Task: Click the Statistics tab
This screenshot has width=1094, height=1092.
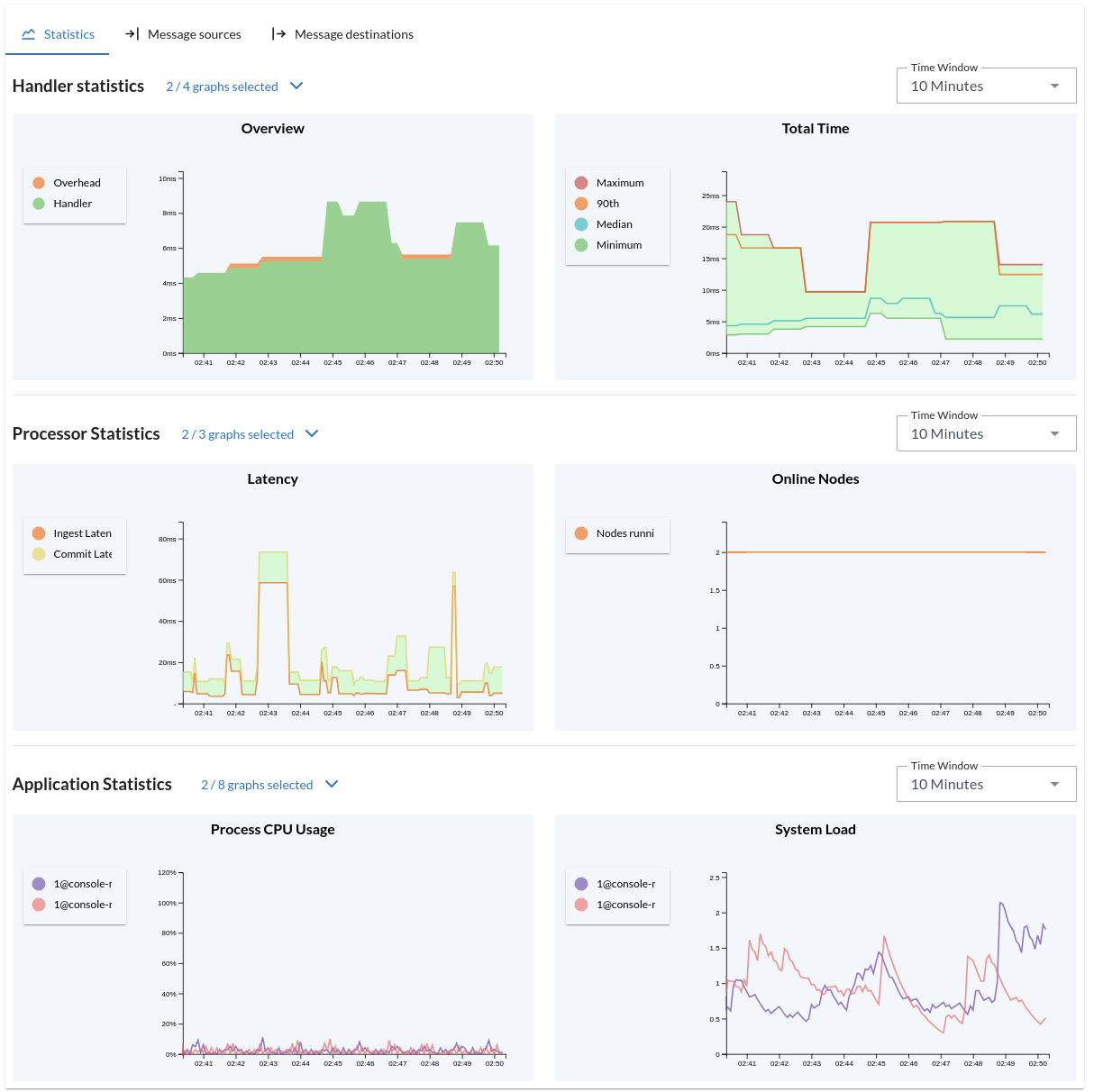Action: point(59,34)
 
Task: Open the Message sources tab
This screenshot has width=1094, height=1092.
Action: point(183,34)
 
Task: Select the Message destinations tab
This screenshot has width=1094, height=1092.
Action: point(342,34)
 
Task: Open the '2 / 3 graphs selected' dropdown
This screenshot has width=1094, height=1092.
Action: point(250,434)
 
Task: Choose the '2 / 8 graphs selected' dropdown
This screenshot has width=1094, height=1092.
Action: point(269,785)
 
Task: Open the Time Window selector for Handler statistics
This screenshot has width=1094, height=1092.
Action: point(986,86)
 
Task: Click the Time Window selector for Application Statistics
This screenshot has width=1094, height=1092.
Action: point(986,785)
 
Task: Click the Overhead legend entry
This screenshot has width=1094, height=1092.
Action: point(76,183)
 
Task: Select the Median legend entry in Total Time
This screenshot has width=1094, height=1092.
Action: point(614,224)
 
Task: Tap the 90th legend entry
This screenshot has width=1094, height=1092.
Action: point(607,204)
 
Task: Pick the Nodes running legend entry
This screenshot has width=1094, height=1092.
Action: point(624,533)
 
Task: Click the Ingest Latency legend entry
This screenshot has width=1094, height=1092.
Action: point(81,533)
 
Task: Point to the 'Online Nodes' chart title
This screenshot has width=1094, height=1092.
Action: point(815,479)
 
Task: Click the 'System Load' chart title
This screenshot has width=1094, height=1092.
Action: point(815,830)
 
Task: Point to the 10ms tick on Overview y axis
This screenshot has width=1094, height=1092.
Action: point(168,178)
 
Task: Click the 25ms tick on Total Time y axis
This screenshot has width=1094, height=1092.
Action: point(710,196)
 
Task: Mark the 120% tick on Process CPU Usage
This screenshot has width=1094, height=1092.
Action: point(167,872)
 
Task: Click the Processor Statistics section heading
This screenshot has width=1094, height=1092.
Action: point(87,434)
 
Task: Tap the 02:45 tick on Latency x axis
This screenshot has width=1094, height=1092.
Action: point(333,713)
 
